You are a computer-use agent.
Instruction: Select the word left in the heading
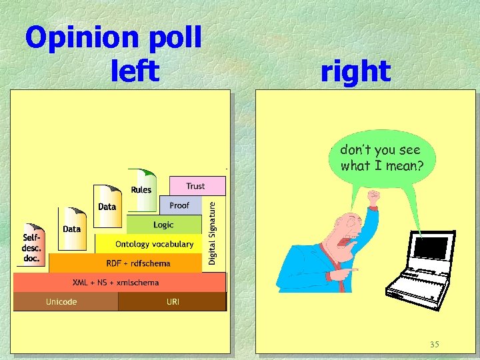point(136,71)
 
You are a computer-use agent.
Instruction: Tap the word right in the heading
point(355,71)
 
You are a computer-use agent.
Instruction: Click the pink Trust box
point(195,186)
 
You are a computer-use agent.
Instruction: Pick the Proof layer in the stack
point(179,205)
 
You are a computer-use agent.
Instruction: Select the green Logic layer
point(163,225)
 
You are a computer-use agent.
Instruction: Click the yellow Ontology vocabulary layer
point(154,244)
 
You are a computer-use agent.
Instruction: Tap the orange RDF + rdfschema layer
point(138,263)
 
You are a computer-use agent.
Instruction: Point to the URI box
point(173,302)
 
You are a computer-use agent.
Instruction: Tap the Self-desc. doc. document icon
point(32,243)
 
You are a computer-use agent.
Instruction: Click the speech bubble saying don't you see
point(381,157)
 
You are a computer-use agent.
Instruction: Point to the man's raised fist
point(373,199)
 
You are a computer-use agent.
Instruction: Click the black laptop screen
point(430,248)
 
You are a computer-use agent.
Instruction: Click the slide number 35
point(434,344)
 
